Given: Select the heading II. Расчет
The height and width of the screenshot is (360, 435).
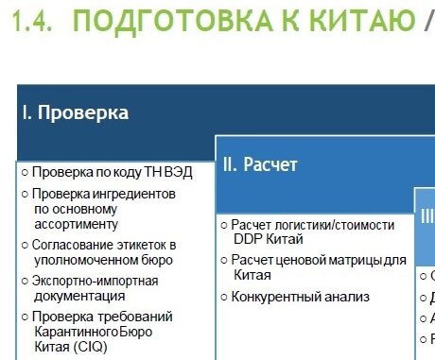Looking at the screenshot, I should pos(260,165).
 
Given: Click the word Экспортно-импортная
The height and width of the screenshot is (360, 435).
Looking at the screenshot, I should pos(95,281).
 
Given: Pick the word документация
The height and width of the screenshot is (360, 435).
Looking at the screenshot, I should pos(73,296).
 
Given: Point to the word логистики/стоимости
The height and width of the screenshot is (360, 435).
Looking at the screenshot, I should pos(330,225).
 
